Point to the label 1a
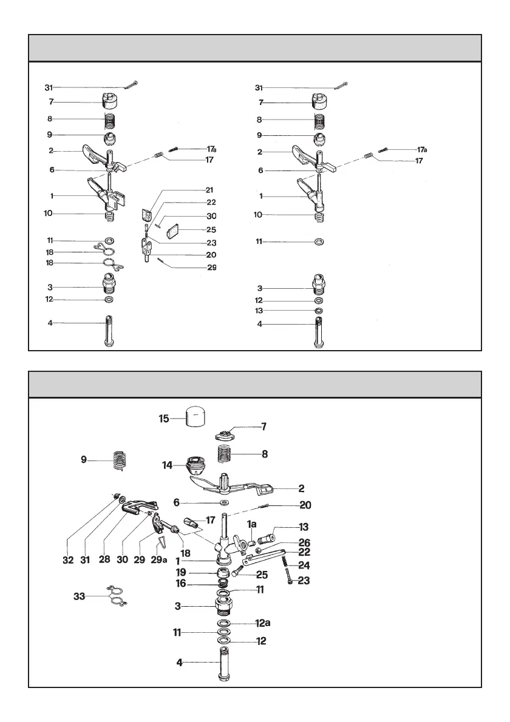tap(251, 523)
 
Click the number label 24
tap(304, 565)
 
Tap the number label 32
tap(68, 560)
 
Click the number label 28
tap(104, 560)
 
